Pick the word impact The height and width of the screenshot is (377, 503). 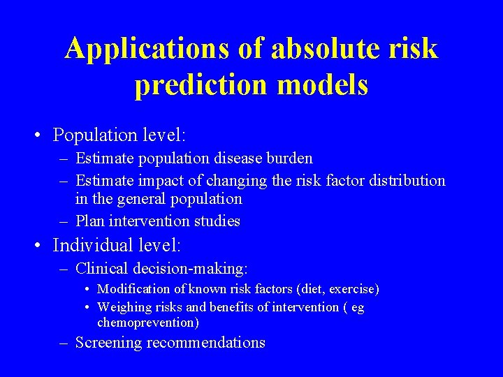point(158,181)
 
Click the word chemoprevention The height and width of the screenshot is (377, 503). point(147,323)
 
